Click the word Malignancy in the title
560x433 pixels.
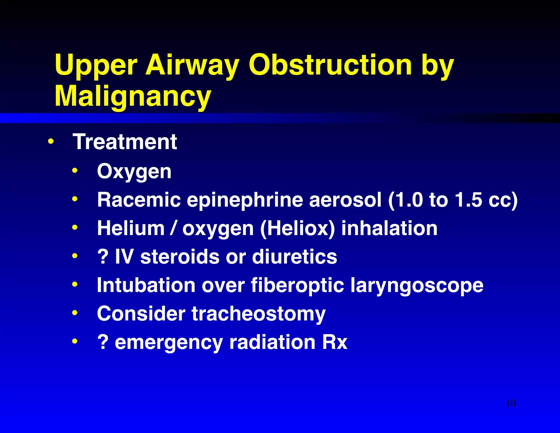point(133,96)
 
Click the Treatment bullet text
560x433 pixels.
point(125,142)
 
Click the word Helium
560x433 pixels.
point(131,228)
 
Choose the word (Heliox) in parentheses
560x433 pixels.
point(297,229)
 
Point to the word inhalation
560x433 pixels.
point(389,228)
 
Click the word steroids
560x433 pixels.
point(180,257)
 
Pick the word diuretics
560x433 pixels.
point(294,257)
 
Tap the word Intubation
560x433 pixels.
point(146,285)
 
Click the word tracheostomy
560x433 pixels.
point(258,314)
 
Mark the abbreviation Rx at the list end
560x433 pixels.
point(335,342)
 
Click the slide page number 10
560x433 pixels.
point(511,403)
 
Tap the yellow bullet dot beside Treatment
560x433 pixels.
point(51,141)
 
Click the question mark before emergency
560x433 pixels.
point(103,342)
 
